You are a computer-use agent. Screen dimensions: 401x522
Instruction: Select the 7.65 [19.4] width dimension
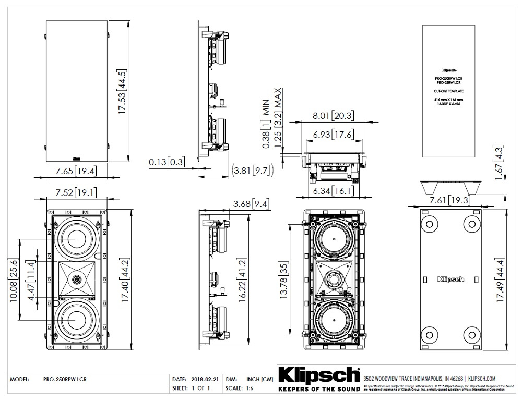click(x=74, y=171)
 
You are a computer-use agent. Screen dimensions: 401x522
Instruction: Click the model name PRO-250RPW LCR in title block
click(x=65, y=380)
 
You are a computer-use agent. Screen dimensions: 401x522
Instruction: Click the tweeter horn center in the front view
click(x=77, y=280)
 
